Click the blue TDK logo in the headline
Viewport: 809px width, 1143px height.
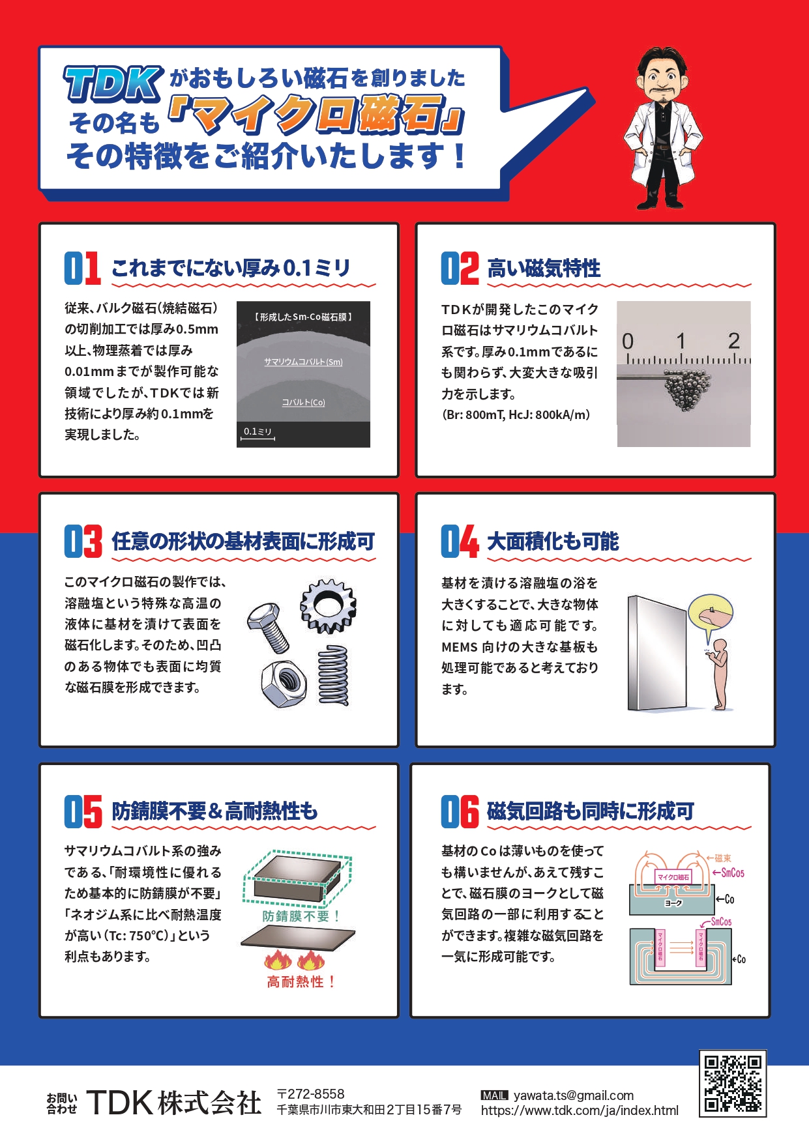(113, 84)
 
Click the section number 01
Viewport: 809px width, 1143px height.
(82, 268)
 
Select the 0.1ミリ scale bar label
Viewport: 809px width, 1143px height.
(257, 431)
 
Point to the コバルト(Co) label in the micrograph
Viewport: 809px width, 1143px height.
(303, 402)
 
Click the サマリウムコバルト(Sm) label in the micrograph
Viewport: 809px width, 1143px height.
(303, 362)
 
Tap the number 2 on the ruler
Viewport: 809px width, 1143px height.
(734, 341)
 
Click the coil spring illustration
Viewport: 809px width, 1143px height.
(333, 676)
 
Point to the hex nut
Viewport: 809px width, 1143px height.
(284, 684)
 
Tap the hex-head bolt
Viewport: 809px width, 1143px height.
(268, 626)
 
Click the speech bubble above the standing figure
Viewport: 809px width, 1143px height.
(711, 617)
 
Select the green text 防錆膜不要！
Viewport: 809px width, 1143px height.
(301, 916)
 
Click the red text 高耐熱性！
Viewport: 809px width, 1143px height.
(301, 981)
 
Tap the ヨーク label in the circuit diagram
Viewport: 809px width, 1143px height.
(673, 903)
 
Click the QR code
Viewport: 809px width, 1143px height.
(733, 1083)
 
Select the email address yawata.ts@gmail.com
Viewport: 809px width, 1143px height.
(574, 1095)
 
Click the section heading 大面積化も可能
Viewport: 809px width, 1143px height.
(553, 542)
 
